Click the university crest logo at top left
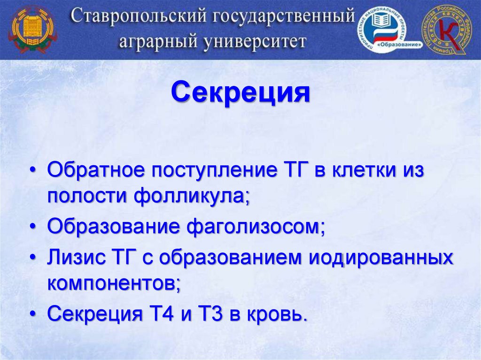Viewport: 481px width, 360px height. click(32, 29)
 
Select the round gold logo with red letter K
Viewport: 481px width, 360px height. click(446, 30)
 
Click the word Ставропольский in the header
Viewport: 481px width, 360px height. click(139, 17)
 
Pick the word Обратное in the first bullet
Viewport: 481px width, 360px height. click(95, 170)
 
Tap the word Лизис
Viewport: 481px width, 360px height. click(74, 258)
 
